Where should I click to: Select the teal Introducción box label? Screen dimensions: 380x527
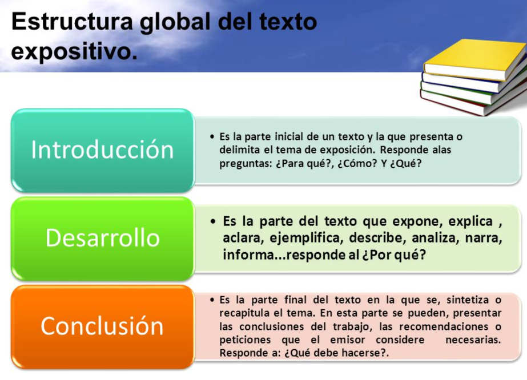[x=102, y=149]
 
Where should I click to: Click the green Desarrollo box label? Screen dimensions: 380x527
[x=102, y=237]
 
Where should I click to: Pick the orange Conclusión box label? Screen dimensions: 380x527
[x=102, y=326]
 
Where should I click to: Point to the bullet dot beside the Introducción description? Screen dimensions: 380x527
[x=212, y=138]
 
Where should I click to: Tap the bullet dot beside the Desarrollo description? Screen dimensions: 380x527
[x=213, y=221]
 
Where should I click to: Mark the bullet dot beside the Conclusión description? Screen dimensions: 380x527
[x=212, y=300]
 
